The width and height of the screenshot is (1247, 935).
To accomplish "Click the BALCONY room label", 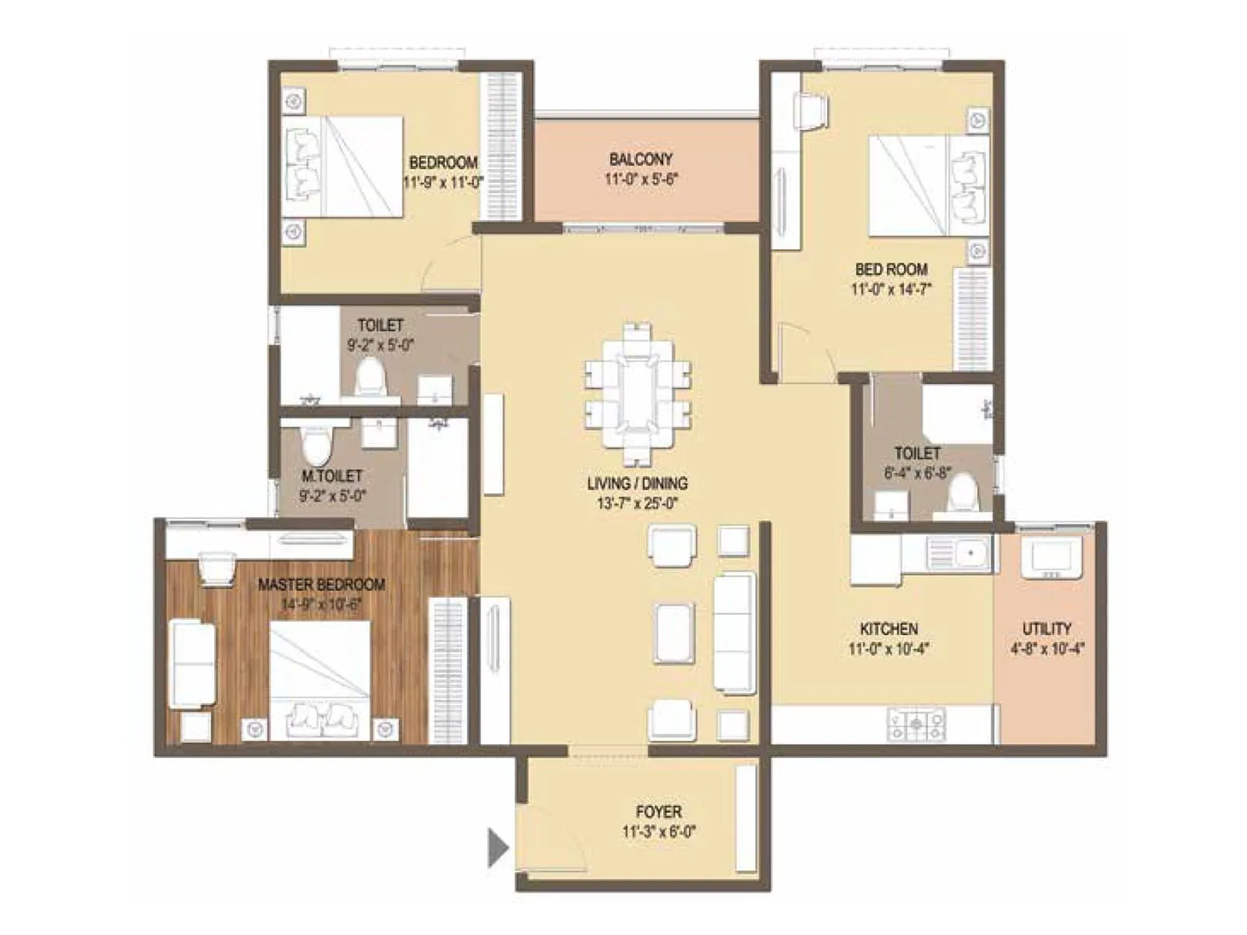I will (641, 159).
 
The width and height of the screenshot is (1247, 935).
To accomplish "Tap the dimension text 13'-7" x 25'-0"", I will (637, 503).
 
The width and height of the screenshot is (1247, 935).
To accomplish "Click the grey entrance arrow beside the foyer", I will (497, 847).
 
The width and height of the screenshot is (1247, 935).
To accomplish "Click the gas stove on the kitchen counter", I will (916, 725).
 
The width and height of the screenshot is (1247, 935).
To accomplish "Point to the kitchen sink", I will (959, 554).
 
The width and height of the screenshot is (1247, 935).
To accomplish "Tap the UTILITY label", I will (1047, 628).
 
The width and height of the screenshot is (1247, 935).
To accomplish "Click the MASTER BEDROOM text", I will (321, 584).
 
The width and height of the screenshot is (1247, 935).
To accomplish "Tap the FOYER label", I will (659, 812).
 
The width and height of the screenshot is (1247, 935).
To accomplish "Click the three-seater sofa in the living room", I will (735, 633).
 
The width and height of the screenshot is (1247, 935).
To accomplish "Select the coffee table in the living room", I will (674, 633).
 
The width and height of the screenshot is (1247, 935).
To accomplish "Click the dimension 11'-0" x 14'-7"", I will (891, 289).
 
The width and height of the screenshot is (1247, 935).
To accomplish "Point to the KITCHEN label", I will (888, 628).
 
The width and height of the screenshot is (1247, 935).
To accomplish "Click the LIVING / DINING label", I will (637, 483).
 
